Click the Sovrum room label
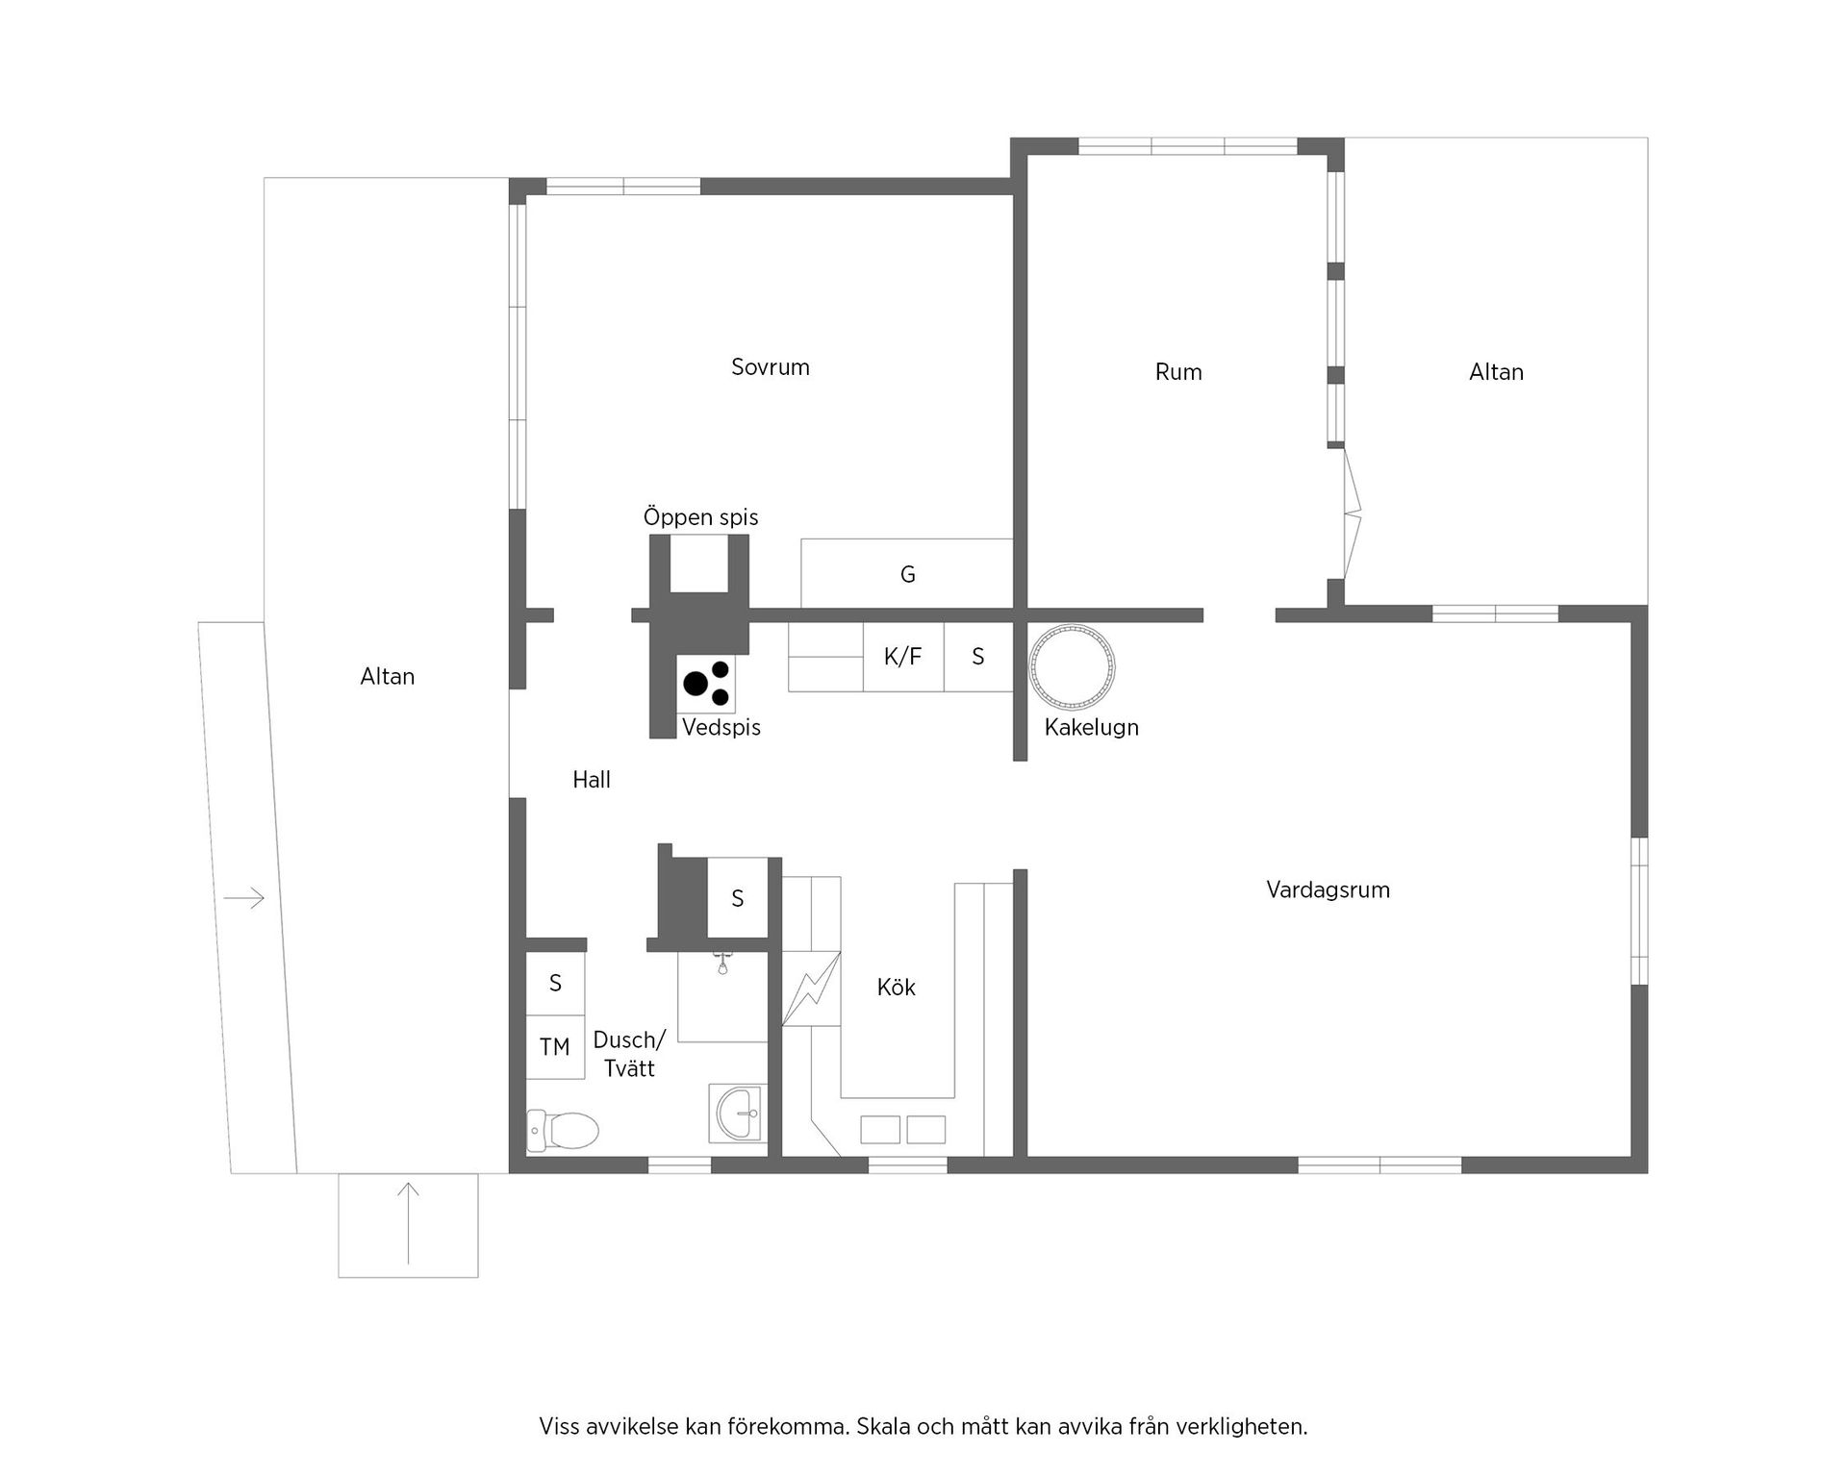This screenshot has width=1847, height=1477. [x=770, y=367]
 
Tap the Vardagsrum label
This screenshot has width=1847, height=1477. [x=1328, y=889]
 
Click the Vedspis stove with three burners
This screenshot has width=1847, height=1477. [x=707, y=683]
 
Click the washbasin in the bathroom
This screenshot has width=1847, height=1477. [x=738, y=1114]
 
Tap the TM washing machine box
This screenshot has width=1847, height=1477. [x=555, y=1047]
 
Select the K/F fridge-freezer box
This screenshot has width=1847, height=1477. [x=902, y=657]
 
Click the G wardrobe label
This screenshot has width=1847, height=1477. [x=907, y=575]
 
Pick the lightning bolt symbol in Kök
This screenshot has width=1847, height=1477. [x=810, y=989]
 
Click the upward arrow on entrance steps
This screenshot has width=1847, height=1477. [x=409, y=1223]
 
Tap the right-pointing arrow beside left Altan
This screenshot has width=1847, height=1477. [x=243, y=899]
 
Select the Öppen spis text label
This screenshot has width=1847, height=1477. [x=700, y=517]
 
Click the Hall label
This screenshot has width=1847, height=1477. [x=591, y=780]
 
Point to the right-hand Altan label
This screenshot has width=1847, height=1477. [x=1496, y=372]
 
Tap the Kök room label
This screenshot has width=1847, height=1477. [x=896, y=988]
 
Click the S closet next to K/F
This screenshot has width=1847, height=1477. [x=978, y=657]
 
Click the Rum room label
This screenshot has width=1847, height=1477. [x=1178, y=372]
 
